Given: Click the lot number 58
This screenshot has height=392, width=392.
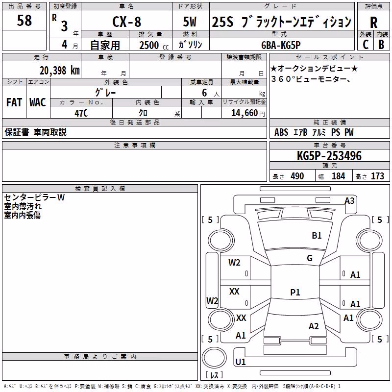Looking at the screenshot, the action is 24,20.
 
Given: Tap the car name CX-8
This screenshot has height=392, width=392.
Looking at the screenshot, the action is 127,22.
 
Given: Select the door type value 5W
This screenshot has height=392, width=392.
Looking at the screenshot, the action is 190,22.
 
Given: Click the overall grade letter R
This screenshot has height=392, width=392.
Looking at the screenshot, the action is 373,23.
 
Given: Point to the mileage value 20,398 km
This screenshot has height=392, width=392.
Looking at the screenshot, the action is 60,71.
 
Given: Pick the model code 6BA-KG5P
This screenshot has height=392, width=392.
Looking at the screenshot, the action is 281,45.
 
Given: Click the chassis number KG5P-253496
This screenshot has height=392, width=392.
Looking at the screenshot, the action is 329,156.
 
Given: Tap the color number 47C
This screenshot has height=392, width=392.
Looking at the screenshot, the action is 81,113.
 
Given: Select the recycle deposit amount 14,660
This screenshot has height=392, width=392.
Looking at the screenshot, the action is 245,113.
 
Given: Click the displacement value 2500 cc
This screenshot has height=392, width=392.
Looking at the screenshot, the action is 154,45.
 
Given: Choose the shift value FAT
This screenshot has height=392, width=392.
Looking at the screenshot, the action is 14,102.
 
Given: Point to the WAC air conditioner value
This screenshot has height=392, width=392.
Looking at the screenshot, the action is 38,102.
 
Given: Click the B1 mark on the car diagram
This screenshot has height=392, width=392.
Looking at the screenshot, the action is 317,236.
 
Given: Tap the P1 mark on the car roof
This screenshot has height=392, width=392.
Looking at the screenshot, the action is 295,292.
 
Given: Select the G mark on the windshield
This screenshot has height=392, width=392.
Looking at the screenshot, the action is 310,258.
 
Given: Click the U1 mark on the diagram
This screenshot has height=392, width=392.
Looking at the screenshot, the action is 241,362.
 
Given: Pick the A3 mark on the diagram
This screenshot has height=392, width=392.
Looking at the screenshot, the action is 349,201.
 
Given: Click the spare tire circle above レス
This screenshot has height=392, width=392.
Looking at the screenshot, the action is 214,358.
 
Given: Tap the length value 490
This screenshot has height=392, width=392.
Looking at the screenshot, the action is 297,176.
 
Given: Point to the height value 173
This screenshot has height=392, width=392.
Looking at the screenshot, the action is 377,176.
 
